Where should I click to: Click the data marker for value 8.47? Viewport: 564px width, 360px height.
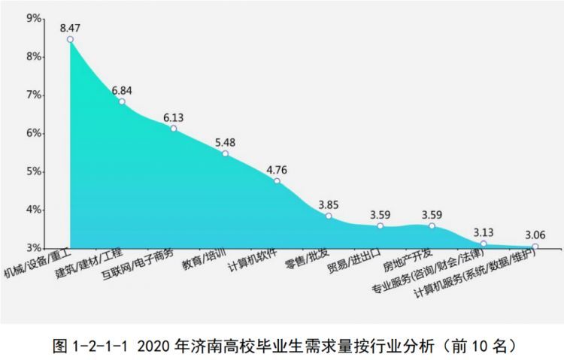tap(70, 39)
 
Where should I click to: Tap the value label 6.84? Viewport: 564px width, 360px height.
tap(122, 90)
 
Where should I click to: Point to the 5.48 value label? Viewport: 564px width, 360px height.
tap(225, 142)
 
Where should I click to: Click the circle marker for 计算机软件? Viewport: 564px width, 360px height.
tap(277, 181)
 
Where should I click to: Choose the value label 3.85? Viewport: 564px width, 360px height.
tap(328, 204)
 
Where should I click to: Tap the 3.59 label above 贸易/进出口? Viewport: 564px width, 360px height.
tap(380, 214)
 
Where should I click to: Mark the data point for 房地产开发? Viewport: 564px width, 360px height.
tap(432, 225)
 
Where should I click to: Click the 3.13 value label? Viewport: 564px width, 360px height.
tap(483, 232)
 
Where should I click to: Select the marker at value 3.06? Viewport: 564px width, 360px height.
tap(535, 247)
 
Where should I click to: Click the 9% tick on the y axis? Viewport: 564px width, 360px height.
tap(34, 18)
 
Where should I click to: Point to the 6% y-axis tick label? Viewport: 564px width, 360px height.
tap(34, 133)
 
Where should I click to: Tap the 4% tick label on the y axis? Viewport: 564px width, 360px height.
tap(34, 210)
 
